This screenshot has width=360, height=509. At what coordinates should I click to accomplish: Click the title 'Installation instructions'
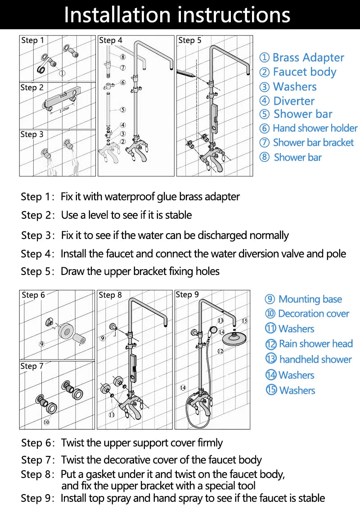(177, 14)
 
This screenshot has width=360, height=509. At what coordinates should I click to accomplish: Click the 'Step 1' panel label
(32, 41)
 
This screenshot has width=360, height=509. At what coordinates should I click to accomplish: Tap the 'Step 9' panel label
(187, 295)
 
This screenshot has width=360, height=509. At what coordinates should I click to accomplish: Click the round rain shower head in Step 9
(236, 336)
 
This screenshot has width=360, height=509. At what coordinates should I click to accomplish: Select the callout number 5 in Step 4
(123, 109)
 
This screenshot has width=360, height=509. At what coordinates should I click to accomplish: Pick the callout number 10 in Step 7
(46, 422)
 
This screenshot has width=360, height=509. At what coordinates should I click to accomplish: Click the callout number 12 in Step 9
(220, 351)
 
